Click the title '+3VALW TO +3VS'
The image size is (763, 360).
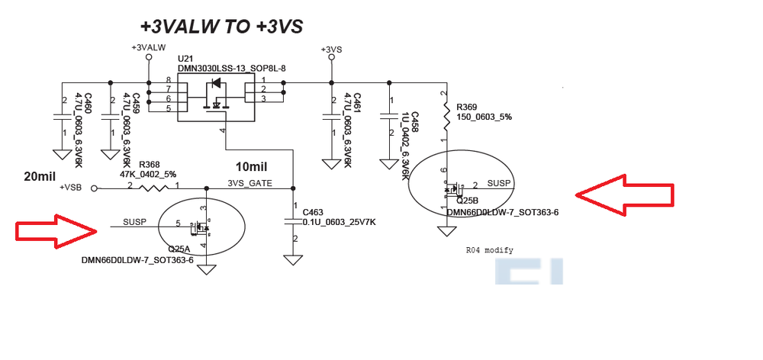pyautogui.click(x=221, y=26)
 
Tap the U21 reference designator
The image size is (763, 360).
pyautogui.click(x=185, y=59)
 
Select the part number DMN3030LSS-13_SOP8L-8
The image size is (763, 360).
pyautogui.click(x=232, y=69)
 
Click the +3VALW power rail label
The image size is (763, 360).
pyautogui.click(x=149, y=48)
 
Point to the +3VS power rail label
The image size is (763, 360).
pyautogui.click(x=331, y=50)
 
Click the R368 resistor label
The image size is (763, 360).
pyautogui.click(x=150, y=165)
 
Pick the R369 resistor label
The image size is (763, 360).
pyautogui.click(x=467, y=107)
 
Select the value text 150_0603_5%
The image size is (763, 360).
pyautogui.click(x=485, y=117)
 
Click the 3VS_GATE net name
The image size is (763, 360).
pyautogui.click(x=250, y=183)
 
